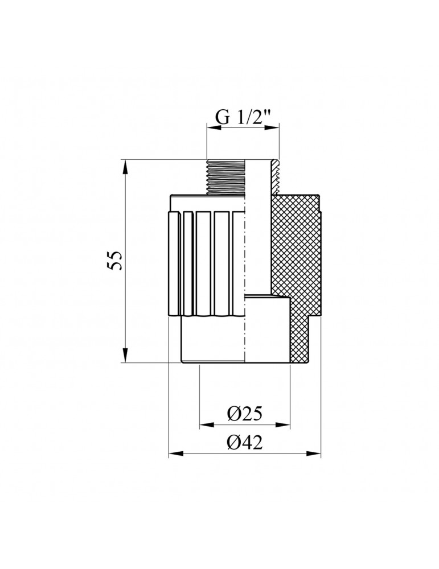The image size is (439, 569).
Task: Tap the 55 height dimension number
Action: (x=116, y=260)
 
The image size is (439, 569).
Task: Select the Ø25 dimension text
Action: (x=245, y=414)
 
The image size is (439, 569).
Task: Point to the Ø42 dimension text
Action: (x=245, y=442)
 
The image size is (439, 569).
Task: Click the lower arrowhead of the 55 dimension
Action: (x=125, y=354)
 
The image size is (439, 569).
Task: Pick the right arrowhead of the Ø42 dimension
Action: (x=314, y=453)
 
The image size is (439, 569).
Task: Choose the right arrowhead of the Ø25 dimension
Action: (x=283, y=425)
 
